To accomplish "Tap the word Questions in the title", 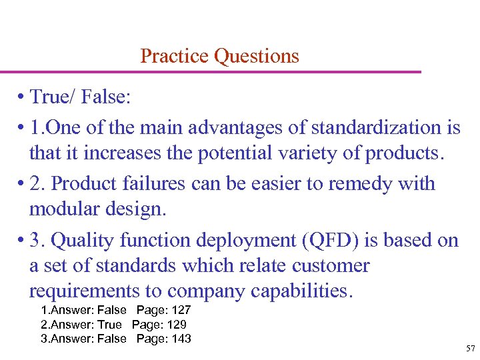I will [x=257, y=56].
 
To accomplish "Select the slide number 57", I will [x=470, y=349].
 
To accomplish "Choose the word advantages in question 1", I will [x=243, y=127].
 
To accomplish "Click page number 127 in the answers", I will [x=180, y=311].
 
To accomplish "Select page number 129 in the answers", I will [x=176, y=325].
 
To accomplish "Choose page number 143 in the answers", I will [x=180, y=339].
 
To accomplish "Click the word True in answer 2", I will [x=109, y=325].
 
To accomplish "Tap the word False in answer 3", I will [x=111, y=339].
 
